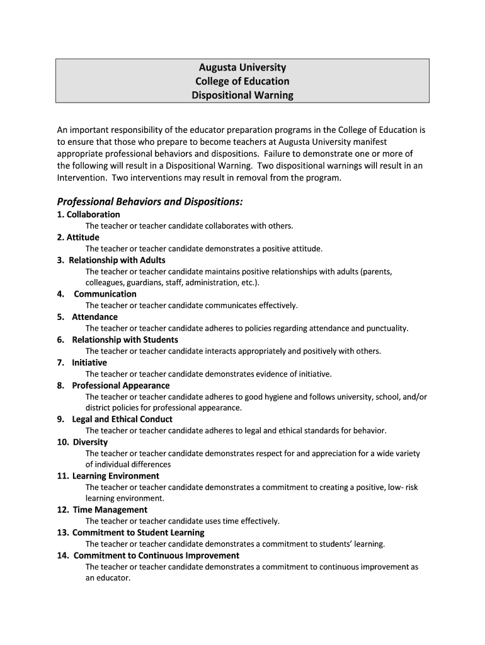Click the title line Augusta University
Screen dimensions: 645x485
coord(243,67)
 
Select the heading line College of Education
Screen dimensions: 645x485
coord(243,81)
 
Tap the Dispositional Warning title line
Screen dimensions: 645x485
coord(243,96)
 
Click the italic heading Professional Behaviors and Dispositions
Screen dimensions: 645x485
coord(149,202)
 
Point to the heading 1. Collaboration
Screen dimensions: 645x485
coord(88,214)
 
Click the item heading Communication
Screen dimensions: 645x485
coord(105,294)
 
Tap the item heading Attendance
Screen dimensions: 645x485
coord(94,317)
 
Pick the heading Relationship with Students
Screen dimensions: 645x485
coord(125,340)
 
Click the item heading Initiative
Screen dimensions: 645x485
coord(89,363)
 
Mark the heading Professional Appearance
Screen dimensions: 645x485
coord(120,385)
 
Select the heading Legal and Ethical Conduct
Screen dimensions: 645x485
coord(122,420)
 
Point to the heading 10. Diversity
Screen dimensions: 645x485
coord(82,442)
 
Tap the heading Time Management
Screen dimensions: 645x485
coord(110,510)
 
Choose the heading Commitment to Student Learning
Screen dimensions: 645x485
coord(138,533)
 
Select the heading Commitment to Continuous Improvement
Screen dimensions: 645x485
coord(156,556)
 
